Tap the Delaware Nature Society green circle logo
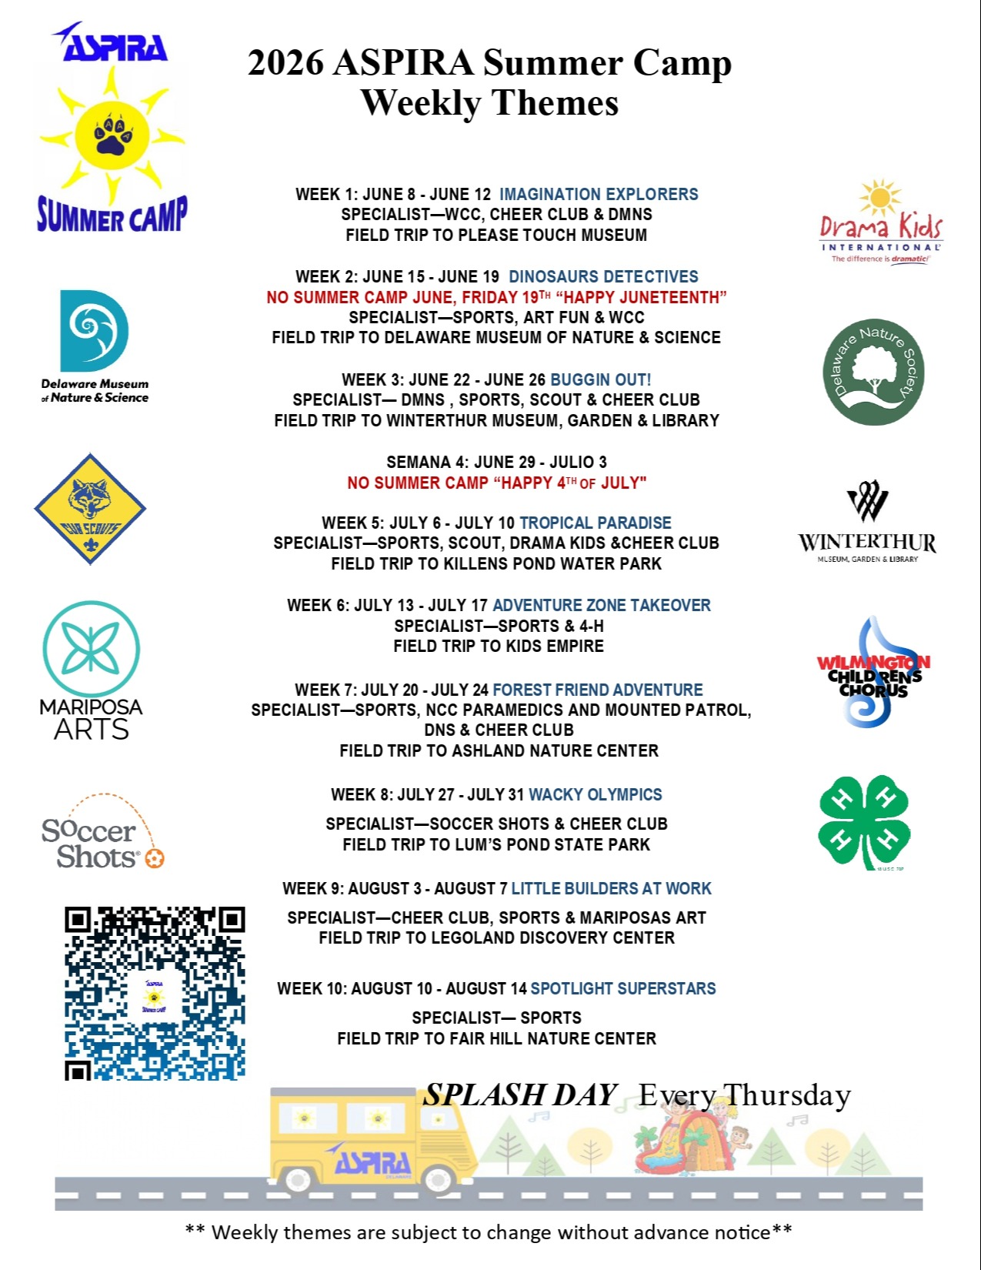click(873, 373)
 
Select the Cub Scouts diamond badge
click(90, 510)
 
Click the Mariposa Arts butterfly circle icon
click(91, 649)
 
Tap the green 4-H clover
click(863, 821)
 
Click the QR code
click(155, 993)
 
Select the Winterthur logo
click(867, 523)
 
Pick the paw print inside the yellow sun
click(112, 136)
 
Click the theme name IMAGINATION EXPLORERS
click(599, 195)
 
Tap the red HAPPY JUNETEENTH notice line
click(496, 297)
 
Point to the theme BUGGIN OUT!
click(600, 379)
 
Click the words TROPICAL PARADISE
click(595, 523)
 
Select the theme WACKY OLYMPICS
click(595, 794)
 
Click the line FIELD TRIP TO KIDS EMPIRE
click(498, 647)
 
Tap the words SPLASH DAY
click(520, 1095)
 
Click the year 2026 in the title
click(285, 63)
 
